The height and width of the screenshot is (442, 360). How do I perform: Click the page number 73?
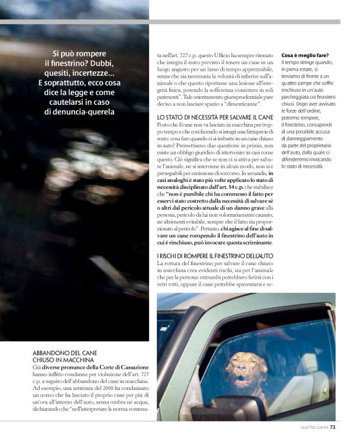coord(333,427)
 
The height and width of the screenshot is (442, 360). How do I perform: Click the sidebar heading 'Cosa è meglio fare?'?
coord(305,55)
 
